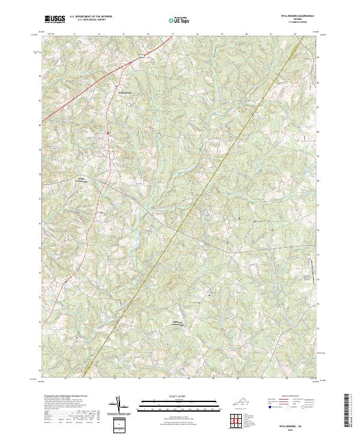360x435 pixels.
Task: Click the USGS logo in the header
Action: [x=55, y=19]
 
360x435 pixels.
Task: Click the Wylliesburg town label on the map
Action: [x=122, y=94]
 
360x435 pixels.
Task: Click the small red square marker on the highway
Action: [x=108, y=133]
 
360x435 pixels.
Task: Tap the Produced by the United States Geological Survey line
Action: [x=69, y=397]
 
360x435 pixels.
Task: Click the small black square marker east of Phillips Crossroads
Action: [x=209, y=295]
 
